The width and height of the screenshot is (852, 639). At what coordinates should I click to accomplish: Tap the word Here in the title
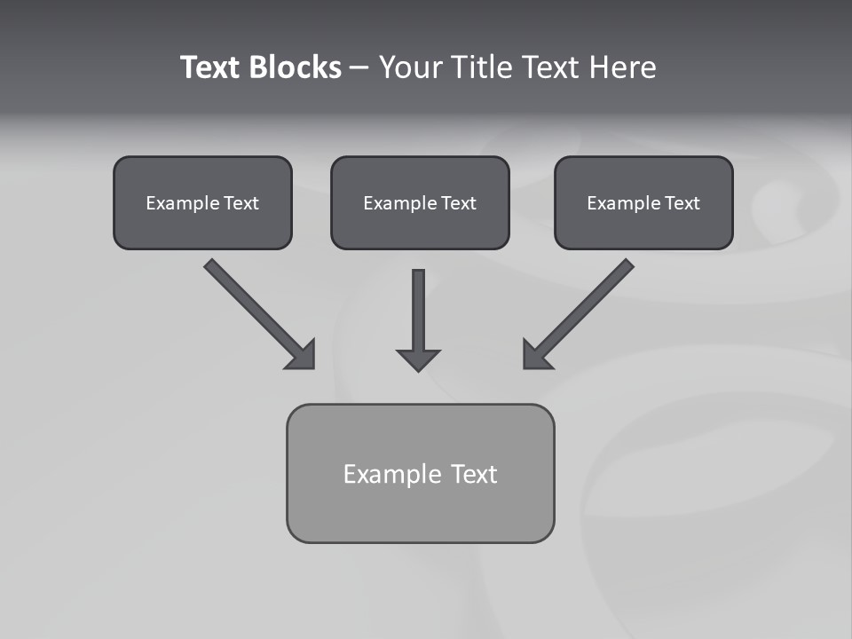click(624, 67)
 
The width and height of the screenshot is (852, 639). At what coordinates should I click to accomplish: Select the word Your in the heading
click(410, 67)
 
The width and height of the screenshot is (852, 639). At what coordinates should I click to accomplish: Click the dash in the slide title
click(359, 67)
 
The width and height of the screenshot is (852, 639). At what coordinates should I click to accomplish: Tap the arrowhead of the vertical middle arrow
click(418, 359)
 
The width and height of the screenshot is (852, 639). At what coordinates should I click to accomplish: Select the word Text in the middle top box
click(459, 203)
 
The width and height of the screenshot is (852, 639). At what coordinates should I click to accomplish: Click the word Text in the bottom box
click(474, 474)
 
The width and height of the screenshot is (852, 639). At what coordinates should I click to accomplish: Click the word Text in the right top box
click(682, 203)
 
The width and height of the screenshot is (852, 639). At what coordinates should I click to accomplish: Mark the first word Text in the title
click(211, 67)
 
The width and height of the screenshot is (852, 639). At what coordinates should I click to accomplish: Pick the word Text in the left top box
click(241, 203)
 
